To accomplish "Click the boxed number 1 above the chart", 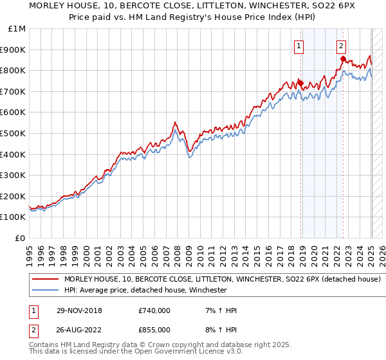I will [300, 46].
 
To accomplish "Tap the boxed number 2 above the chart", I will [341, 46].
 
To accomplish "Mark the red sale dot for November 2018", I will [300, 82].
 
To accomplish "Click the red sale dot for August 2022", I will [343, 59].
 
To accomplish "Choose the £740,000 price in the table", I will [154, 310].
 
